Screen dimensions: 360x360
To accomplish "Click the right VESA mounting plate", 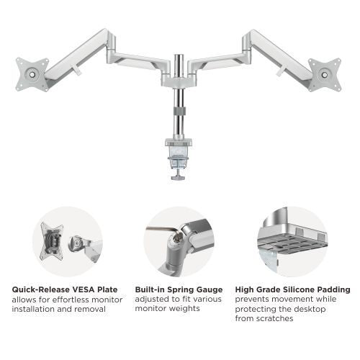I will (326, 73).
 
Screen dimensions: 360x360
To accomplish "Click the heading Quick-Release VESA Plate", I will (65, 289).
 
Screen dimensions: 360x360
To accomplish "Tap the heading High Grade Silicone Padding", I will (293, 289).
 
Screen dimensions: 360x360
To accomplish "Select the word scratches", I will (274, 318).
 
